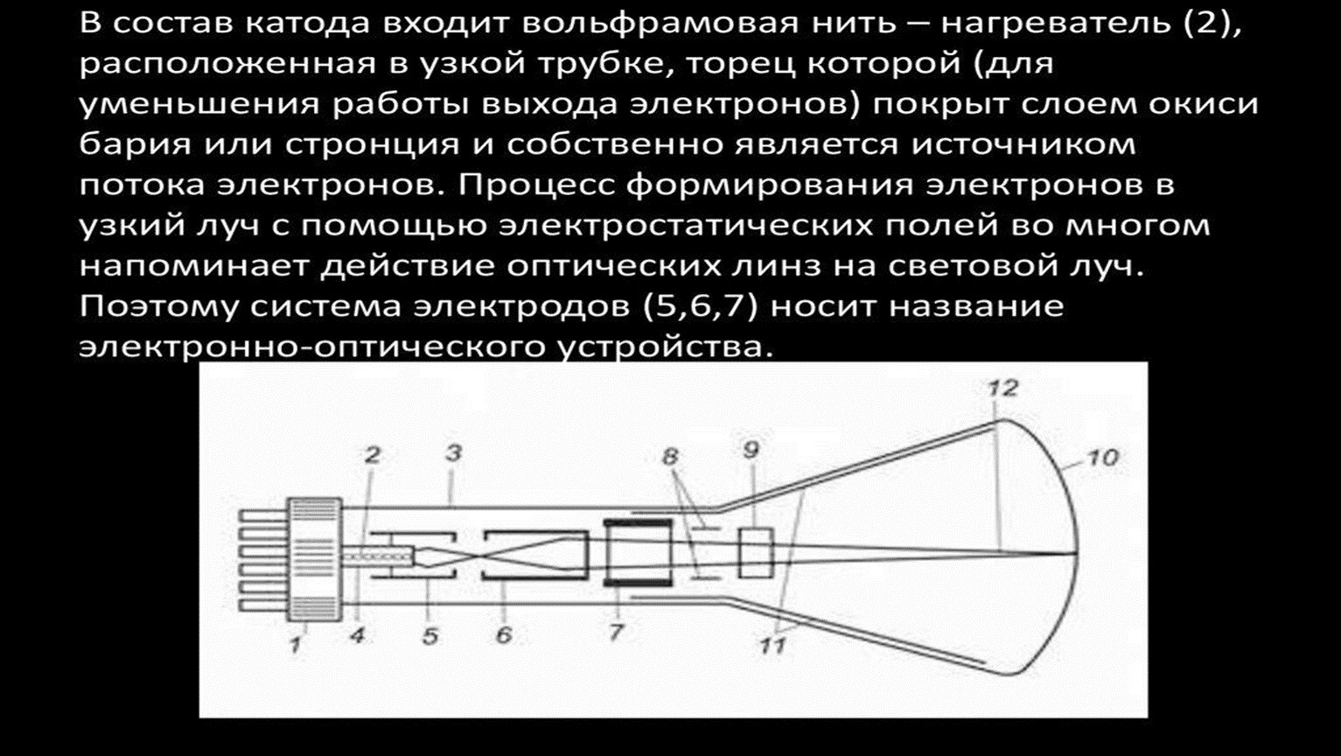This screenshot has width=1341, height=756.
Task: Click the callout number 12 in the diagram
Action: point(1002,388)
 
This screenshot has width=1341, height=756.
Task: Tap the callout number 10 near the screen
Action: point(1102,458)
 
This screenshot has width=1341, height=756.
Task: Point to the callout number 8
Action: point(670,457)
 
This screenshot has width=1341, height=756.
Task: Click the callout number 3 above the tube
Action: point(454,453)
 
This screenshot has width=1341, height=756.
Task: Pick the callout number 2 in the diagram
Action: point(372,455)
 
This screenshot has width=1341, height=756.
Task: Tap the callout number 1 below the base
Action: point(295,645)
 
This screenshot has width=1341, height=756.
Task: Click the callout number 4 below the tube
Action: point(358,634)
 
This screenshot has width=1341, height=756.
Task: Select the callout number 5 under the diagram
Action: point(430,636)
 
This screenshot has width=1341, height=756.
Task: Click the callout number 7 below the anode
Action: point(616,632)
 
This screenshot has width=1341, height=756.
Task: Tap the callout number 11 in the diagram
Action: point(773,647)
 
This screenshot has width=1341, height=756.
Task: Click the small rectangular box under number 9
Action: point(755,553)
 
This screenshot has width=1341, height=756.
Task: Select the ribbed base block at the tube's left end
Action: point(315,560)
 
